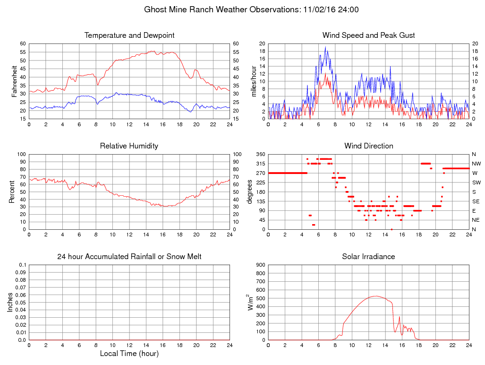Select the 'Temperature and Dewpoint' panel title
click(129, 35)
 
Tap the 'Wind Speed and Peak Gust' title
click(368, 35)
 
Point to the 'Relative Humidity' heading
click(129, 146)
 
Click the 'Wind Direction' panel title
click(368, 146)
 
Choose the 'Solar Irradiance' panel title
click(368, 257)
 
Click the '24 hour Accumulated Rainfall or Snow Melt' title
click(129, 257)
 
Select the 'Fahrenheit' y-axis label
click(15, 81)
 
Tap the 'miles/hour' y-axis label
click(254, 81)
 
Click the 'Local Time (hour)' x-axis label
click(129, 353)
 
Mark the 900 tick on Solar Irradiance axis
click(260, 265)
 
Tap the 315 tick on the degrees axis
click(260, 164)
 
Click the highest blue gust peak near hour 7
click(325, 47)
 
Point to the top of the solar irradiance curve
click(375, 296)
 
